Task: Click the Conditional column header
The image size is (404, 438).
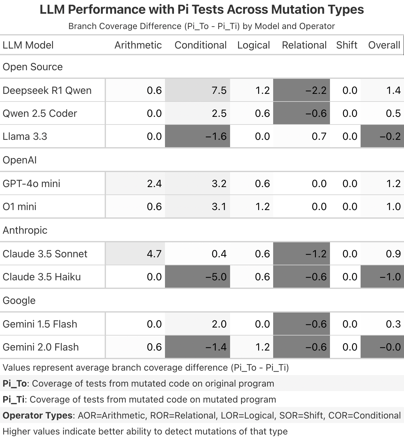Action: coord(200,45)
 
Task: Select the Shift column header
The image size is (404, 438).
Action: coord(347,45)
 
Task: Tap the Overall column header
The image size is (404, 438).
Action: coord(384,45)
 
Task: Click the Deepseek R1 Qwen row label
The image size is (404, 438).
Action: coord(47,90)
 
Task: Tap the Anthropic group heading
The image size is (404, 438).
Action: coord(25,230)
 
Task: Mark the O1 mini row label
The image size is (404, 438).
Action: coord(19,207)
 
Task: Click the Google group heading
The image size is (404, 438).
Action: coord(19,300)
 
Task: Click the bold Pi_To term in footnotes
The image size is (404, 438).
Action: coord(15,383)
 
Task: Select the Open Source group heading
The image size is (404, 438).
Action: coord(33,67)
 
